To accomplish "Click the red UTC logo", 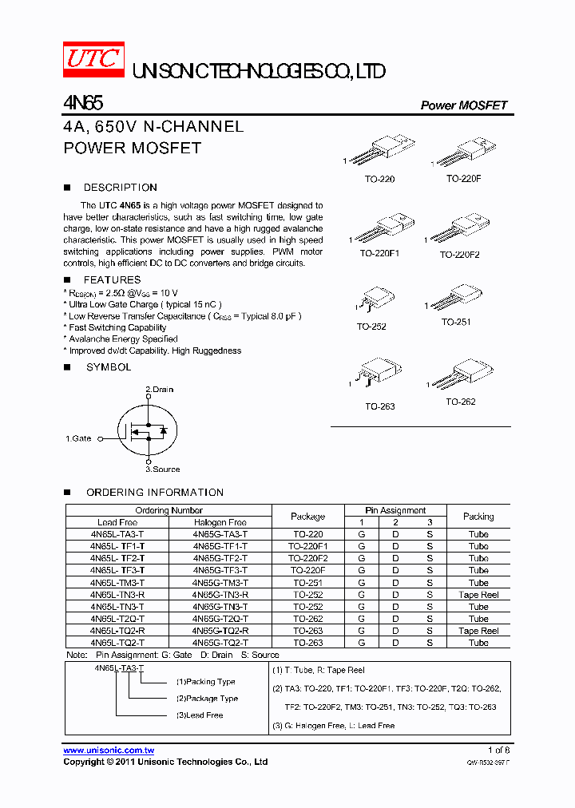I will [x=94, y=61].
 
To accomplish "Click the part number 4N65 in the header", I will [x=82, y=103].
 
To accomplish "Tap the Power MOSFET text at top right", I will [x=463, y=105].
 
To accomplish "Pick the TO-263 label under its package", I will [x=380, y=406].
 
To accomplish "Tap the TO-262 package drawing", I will [x=462, y=374].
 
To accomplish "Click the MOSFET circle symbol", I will [x=147, y=430].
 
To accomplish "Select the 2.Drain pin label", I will [x=159, y=390].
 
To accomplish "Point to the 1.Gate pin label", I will [x=78, y=438].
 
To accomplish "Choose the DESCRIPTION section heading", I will [x=120, y=188].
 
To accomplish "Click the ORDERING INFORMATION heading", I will [x=155, y=493].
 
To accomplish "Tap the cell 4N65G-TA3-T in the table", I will [x=220, y=534].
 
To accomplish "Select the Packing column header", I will [x=478, y=517].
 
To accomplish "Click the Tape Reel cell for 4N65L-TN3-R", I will [x=478, y=595].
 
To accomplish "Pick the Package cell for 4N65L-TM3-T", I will [x=307, y=583].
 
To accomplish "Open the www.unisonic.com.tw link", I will [x=109, y=751].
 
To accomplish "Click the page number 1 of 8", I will [x=498, y=751].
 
